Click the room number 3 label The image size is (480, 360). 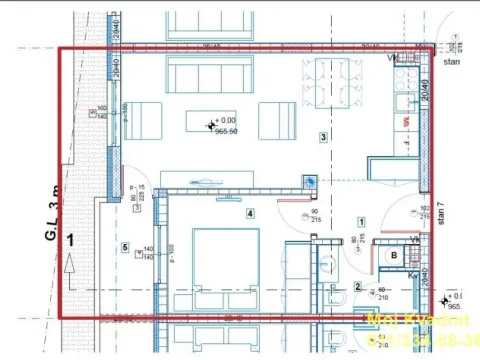pos(323,137)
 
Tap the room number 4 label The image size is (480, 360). pos(251,212)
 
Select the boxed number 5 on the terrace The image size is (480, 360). pos(126,247)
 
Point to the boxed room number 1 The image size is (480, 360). pos(361,222)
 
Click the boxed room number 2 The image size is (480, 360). pos(357,287)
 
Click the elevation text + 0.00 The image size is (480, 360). pos(226,119)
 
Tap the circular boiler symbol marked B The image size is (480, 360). pos(394,256)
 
